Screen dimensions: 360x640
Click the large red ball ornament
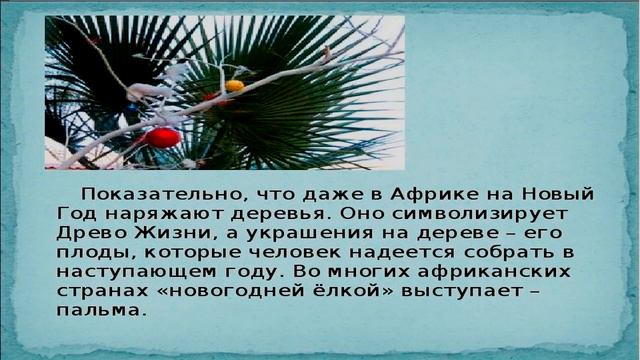162,137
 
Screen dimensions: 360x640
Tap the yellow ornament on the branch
234,86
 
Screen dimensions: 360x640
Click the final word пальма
101,310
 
